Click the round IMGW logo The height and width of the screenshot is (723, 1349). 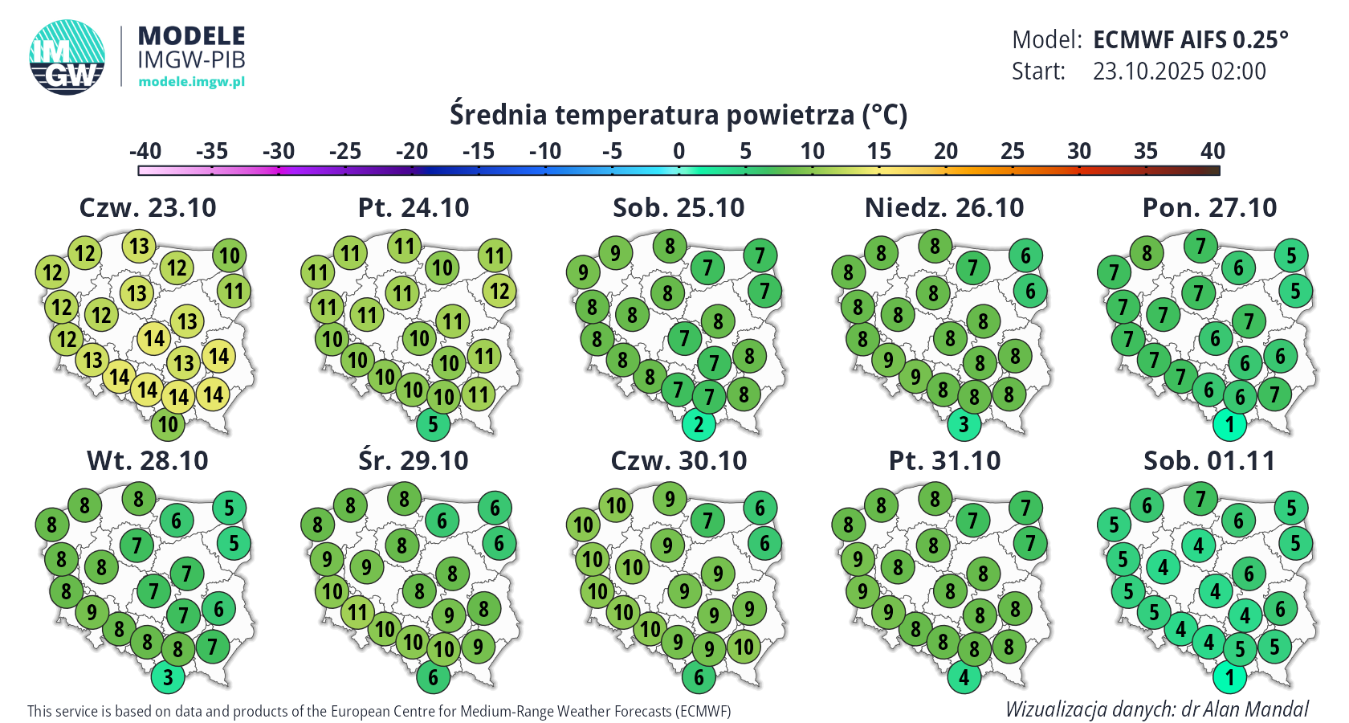pos(67,57)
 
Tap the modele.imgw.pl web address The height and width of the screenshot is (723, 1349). pos(191,81)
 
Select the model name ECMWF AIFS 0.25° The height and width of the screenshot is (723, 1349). pos(1190,39)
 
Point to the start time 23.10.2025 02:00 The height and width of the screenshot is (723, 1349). pos(1179,71)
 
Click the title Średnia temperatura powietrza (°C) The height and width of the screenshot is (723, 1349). pos(678,115)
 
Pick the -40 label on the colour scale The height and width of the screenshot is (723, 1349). pos(145,151)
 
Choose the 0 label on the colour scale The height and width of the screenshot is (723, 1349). pos(679,151)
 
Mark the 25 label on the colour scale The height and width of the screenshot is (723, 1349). pos(1013,151)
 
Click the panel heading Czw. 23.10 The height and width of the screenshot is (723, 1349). pos(148,207)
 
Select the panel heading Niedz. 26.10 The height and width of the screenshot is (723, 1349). pos(944,207)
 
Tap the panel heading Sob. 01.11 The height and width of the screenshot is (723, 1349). pos(1209,460)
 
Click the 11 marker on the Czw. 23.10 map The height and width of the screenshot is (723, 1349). pos(234,291)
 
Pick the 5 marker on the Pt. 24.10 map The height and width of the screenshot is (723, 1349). pos(433,423)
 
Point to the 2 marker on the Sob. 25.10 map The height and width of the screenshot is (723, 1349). pos(699,423)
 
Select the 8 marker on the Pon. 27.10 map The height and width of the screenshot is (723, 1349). pos(1147,253)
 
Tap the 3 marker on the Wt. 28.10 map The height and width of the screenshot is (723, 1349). pos(168,676)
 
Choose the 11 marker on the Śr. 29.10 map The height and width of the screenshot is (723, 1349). pos(357,613)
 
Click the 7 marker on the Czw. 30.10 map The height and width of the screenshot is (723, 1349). pos(707,521)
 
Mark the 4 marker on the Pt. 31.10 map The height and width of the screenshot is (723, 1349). pos(964,676)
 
